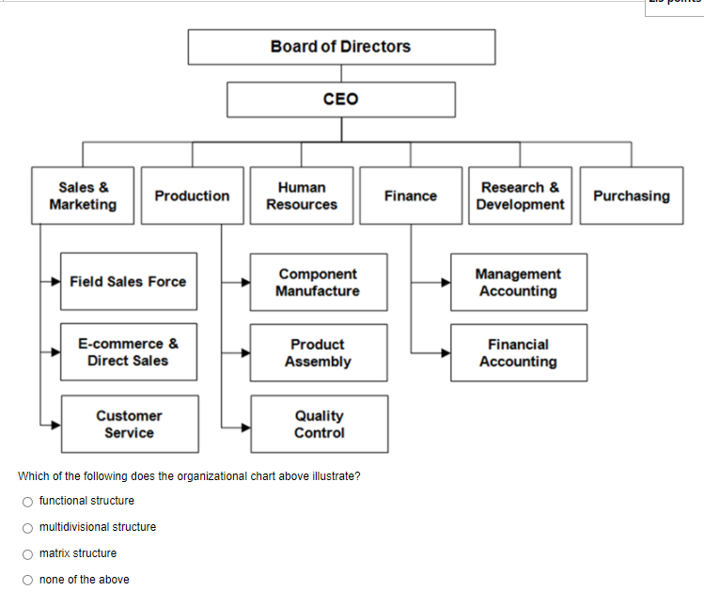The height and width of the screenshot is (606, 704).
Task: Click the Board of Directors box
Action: [341, 47]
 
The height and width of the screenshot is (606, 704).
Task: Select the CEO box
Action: [341, 100]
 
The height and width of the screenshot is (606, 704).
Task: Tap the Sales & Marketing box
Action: [84, 196]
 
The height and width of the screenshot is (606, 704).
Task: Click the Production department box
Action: [192, 196]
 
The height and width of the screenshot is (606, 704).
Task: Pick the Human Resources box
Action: [302, 196]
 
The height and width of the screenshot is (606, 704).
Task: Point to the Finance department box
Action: [411, 196]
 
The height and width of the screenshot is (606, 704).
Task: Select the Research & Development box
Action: [520, 196]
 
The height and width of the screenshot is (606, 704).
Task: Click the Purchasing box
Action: [631, 196]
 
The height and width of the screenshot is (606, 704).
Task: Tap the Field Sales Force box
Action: [129, 282]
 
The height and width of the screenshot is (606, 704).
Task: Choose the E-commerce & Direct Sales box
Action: [129, 352]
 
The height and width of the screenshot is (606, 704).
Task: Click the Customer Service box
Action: [130, 424]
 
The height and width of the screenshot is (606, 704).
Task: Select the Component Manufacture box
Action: [319, 282]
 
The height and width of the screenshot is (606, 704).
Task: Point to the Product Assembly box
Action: [319, 353]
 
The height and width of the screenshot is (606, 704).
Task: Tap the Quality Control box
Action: [319, 424]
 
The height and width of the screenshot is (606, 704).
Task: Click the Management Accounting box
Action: [519, 282]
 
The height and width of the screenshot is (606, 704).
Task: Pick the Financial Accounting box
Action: [519, 353]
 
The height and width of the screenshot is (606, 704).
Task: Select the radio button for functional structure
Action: [28, 501]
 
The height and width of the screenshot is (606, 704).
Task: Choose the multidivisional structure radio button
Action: [28, 527]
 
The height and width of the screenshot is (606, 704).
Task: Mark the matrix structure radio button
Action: [28, 553]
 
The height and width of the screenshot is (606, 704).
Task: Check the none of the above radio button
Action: [28, 580]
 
